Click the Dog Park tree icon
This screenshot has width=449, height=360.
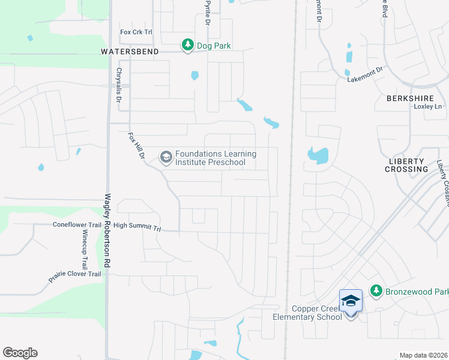[188, 45]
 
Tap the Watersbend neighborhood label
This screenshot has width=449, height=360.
[130, 52]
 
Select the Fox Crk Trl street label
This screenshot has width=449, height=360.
[137, 32]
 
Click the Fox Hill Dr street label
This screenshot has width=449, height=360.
[137, 146]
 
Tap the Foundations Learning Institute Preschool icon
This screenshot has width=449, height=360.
[165, 158]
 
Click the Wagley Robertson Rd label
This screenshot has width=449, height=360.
[108, 230]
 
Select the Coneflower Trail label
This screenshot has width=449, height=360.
[77, 226]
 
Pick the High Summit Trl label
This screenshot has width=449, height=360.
[137, 227]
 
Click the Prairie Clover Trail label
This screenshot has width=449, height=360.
[75, 277]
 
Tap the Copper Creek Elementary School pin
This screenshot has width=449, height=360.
[351, 301]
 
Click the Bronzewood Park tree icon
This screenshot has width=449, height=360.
[376, 291]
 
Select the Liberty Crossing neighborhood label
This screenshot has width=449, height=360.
[408, 165]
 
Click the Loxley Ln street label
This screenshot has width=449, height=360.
[427, 107]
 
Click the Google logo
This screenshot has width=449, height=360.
[20, 353]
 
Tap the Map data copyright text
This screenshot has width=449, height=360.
[423, 355]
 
